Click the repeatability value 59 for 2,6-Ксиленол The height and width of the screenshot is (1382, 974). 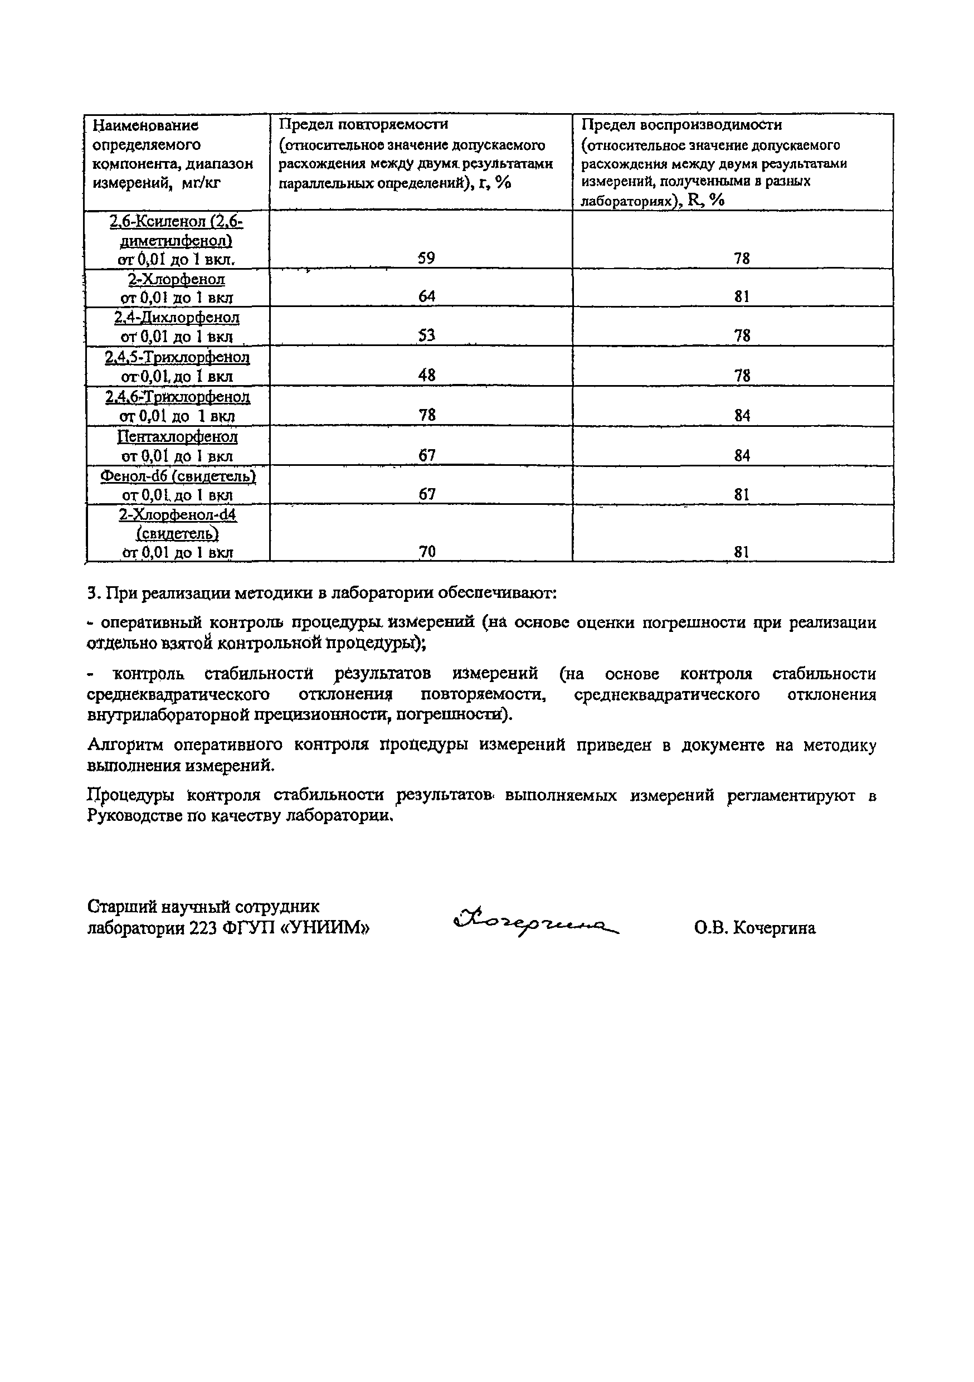click(426, 258)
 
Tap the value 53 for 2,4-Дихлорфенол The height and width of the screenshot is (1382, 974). click(426, 335)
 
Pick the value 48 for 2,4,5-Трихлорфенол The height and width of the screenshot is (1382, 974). click(426, 375)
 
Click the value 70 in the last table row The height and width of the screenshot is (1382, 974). click(426, 551)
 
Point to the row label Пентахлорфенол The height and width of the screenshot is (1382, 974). click(178, 436)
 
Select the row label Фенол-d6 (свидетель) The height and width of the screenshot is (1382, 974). click(178, 476)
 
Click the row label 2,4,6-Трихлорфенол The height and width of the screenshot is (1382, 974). click(178, 397)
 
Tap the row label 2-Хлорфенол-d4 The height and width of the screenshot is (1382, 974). click(178, 515)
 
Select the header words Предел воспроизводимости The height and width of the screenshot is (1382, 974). click(682, 125)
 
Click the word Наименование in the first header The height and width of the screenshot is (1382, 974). click(145, 125)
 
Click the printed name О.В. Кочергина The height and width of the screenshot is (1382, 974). click(755, 928)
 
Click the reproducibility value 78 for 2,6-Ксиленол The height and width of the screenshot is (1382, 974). click(742, 258)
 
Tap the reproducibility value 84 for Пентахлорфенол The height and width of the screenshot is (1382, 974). click(742, 456)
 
